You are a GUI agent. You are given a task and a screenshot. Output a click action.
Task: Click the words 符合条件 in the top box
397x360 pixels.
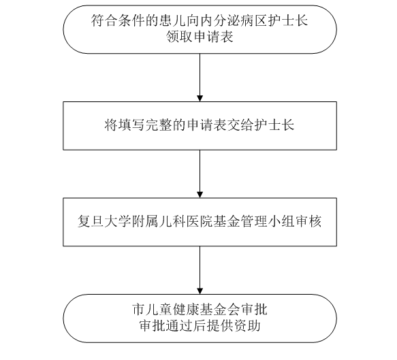pos(118,20)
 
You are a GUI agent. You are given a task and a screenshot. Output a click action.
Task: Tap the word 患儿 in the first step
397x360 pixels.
pos(173,20)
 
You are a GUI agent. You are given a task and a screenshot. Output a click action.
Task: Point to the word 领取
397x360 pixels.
pos(179,37)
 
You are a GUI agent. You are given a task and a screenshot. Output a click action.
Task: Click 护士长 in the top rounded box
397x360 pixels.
pos(287,20)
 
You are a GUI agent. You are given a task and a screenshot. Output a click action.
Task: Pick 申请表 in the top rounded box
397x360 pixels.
pos(213,37)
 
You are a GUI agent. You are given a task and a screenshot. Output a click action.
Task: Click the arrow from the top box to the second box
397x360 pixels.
pos(200,78)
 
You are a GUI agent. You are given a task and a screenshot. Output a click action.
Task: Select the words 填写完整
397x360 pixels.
pos(145,125)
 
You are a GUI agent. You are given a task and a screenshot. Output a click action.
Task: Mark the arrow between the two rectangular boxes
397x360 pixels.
pos(200,174)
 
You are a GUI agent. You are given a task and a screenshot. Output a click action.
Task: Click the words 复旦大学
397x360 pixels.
pos(104,221)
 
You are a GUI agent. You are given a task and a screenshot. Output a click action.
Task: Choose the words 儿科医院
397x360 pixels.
pos(186,221)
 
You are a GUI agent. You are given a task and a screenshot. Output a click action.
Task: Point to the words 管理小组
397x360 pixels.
pos(268,221)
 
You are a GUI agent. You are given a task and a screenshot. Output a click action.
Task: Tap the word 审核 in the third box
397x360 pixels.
pos(308,221)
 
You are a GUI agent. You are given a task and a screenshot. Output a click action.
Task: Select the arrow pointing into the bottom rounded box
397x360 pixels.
pos(200,270)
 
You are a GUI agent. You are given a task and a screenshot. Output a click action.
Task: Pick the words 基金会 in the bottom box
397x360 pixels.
pos(221,309)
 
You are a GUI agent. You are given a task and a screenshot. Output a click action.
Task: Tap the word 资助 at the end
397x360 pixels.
pos(247,326)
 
